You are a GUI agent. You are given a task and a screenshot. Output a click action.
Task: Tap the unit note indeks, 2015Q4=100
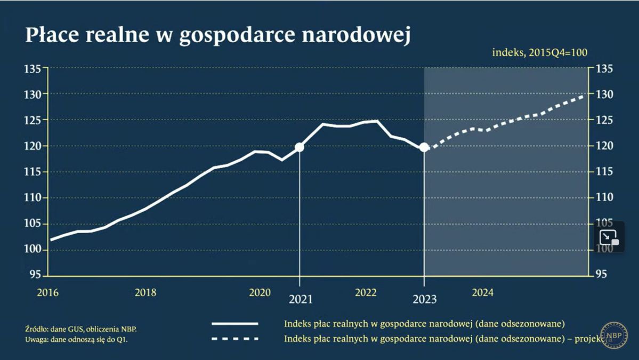[x=539, y=52]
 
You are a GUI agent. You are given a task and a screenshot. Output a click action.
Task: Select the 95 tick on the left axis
[x=35, y=275]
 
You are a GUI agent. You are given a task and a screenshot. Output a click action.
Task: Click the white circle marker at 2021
[x=300, y=147]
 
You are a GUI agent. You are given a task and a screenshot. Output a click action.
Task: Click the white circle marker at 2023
[x=424, y=147]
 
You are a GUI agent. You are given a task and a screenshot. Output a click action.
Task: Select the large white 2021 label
[x=300, y=299]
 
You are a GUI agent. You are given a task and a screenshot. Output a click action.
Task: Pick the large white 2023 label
[x=425, y=299]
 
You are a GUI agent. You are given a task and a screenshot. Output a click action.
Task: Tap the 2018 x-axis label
[x=145, y=292]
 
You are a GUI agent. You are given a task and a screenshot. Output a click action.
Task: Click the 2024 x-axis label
[x=483, y=292]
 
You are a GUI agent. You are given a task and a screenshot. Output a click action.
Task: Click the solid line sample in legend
[x=235, y=323]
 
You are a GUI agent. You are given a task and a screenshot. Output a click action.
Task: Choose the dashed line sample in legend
[x=235, y=339]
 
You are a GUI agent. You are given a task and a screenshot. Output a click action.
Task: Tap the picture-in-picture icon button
[x=609, y=237]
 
